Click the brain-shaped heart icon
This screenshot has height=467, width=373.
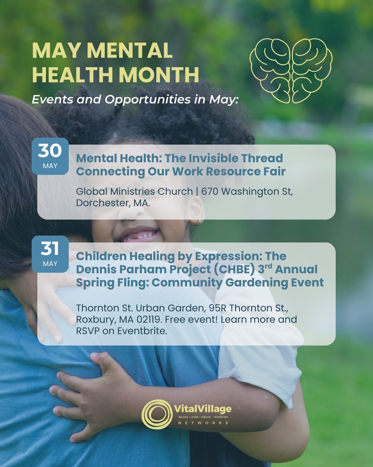pos(291,70)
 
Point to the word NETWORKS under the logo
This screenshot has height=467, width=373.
pos(203,423)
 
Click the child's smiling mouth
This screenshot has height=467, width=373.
pos(138,235)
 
